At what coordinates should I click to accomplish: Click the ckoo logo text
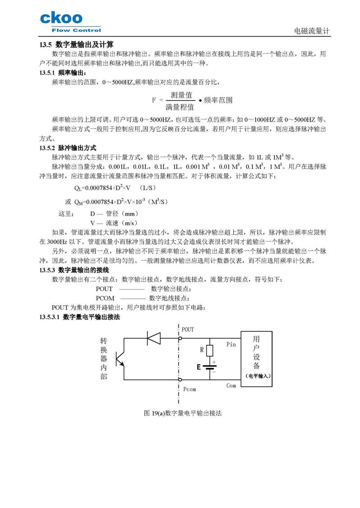[x=61, y=18]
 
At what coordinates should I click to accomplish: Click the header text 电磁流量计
[x=312, y=31]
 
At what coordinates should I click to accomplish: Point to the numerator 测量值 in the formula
[x=182, y=95]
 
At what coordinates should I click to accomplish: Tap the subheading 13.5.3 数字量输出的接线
[x=74, y=270]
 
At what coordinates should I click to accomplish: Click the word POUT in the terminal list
[x=104, y=288]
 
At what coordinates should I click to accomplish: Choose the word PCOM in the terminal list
[x=105, y=298]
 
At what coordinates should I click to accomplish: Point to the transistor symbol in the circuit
[x=119, y=358]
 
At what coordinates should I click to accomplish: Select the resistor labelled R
[x=210, y=350]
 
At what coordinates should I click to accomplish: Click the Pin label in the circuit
[x=231, y=345]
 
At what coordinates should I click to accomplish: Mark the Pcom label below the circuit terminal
[x=189, y=389]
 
